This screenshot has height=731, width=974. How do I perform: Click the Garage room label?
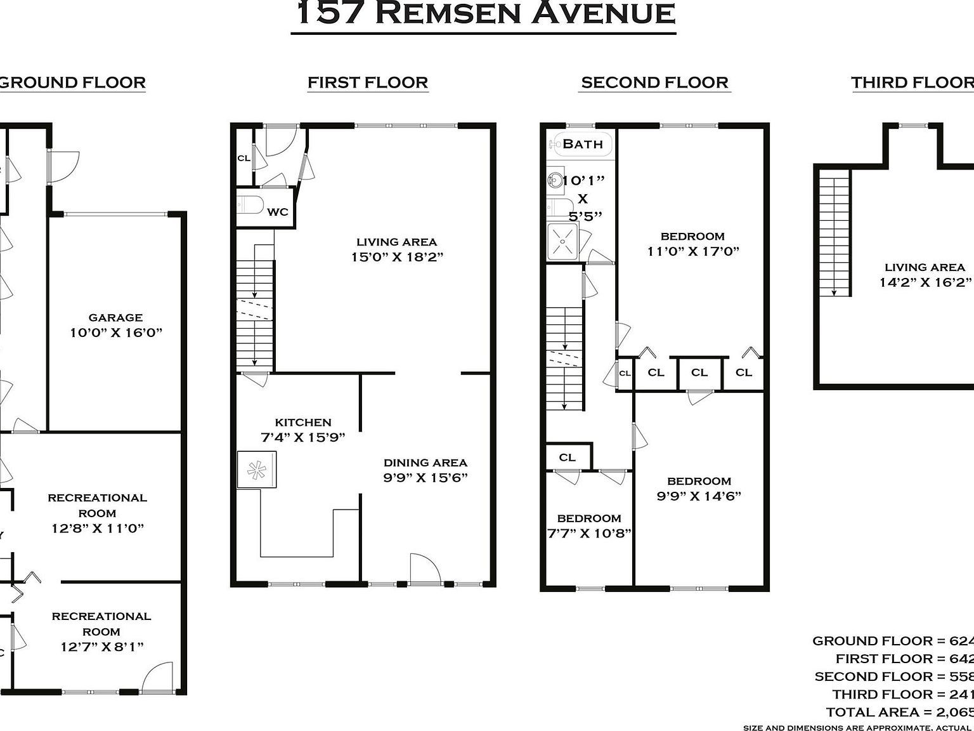pos(115,317)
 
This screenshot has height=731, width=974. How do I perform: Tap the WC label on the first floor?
pos(277,212)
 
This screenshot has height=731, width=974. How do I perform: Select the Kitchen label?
pos(303,422)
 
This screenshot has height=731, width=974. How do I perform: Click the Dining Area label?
pos(425,463)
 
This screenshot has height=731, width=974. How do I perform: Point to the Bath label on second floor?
pos(582,144)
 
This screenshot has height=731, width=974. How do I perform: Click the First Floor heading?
pos(368,82)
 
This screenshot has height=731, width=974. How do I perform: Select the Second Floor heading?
pos(654,82)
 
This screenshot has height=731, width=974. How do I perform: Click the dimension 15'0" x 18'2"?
pos(397,257)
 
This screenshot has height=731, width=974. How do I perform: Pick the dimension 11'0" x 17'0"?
pos(693,251)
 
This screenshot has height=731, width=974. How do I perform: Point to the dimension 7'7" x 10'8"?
pos(589,533)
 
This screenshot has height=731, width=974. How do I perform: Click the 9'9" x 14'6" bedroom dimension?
pos(699,496)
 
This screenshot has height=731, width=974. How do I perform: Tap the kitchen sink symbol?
pos(257,470)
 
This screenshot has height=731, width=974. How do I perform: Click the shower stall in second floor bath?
pos(562,241)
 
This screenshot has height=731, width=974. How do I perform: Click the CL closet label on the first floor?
pos(243,158)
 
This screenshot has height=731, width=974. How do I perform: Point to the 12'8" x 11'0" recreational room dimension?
pos(98,528)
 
